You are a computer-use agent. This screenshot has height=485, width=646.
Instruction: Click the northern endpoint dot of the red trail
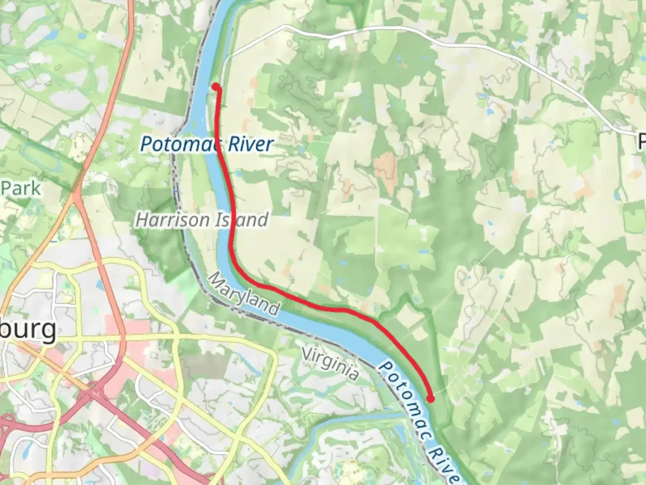point(216,87)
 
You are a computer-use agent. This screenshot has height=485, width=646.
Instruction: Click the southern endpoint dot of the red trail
point(430,398)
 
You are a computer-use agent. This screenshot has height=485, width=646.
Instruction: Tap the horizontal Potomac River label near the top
point(206,144)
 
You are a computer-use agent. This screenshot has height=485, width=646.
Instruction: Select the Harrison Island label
point(202,220)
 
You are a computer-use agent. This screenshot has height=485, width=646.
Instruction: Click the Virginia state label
point(330,363)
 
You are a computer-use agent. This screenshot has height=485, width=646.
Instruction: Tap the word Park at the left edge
point(21,188)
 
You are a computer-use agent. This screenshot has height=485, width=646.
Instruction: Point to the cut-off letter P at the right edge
point(641,142)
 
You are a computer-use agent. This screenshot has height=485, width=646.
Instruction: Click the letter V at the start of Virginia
point(307,353)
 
